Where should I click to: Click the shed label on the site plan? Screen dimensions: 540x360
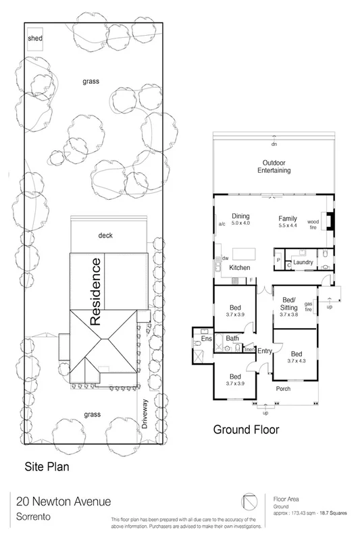coord(35,39)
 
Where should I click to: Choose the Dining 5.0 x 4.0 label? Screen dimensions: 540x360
coord(240,219)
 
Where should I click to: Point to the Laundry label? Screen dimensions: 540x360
coord(303,263)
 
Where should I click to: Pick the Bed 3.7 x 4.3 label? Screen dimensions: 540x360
coord(297,357)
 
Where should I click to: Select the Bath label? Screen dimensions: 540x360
coord(232,338)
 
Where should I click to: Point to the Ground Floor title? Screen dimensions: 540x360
coord(245,429)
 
